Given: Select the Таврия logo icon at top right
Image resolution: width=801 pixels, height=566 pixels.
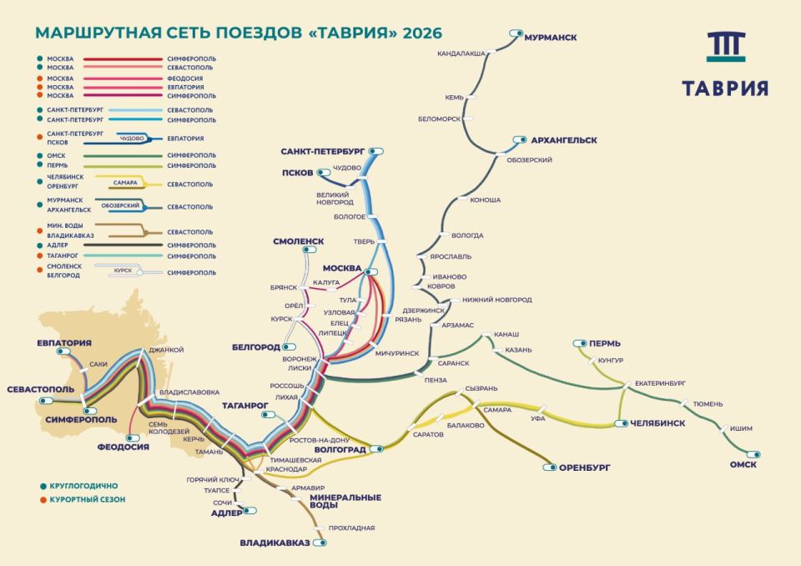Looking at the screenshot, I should point(726,48).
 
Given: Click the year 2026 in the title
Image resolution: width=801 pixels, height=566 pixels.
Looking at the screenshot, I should point(421,33).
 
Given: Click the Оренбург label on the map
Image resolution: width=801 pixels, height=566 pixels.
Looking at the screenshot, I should point(585,467).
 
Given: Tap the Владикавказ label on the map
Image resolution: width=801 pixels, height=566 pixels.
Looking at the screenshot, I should point(275,543).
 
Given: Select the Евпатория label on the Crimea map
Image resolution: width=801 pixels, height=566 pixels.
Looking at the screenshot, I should point(63,342).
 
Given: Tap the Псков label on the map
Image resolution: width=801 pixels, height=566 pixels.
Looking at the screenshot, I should point(296,173).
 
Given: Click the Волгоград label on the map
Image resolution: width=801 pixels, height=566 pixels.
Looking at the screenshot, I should point(343,449).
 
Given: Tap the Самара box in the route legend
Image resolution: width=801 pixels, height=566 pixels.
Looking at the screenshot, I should point(124,182).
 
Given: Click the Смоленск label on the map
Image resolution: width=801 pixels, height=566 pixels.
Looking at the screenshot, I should point(298,241).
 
